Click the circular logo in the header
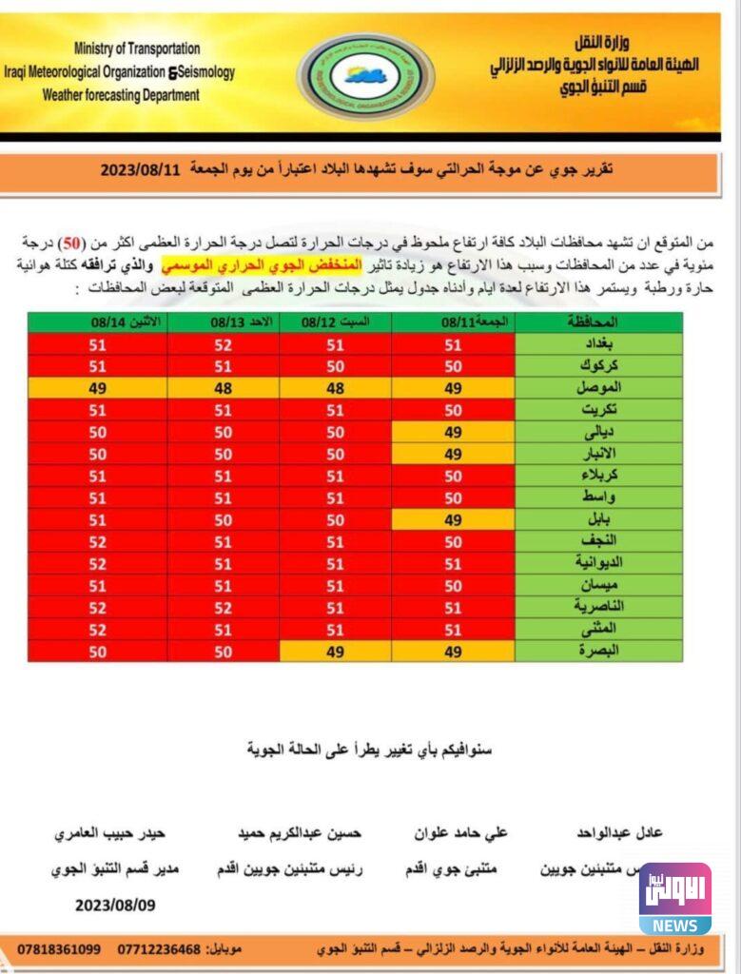pos(366,76)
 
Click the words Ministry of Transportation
pos(137,48)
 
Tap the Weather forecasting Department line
pos(121,95)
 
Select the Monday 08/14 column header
pos(98,322)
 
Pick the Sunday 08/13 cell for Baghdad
pos(223,345)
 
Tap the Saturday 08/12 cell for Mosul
pos(335,388)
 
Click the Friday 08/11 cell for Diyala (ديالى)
pos(453,432)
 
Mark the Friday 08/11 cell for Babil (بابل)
pos(453,519)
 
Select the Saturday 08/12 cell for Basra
pos(335,651)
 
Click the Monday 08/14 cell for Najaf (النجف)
pos(98,541)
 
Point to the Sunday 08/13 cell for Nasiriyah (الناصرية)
pos(223,607)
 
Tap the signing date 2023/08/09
pos(115,906)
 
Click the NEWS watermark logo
pos(674,899)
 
